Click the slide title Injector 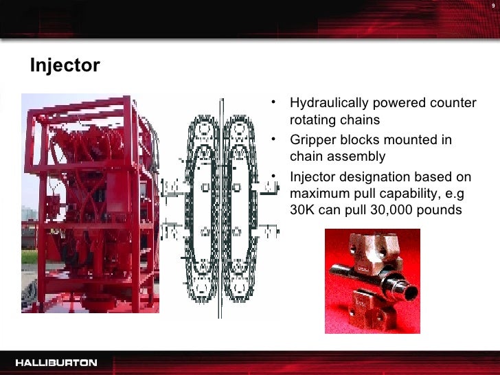(65, 66)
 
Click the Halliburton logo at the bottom (56, 362)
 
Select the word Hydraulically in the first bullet (329, 104)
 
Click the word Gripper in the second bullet (312, 139)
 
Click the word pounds (440, 209)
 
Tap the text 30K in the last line (303, 209)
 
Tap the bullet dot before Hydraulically (273, 104)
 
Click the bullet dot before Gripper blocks (273, 139)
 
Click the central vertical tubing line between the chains (220, 213)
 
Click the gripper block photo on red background (372, 281)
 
